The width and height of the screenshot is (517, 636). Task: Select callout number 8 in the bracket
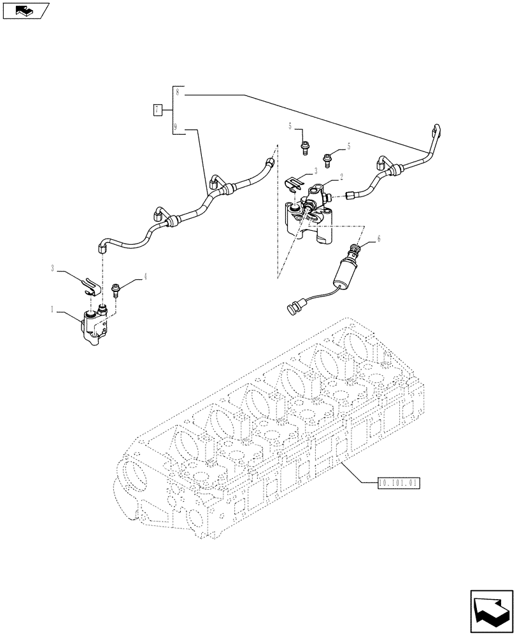point(178,93)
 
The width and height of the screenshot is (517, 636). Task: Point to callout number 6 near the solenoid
point(379,238)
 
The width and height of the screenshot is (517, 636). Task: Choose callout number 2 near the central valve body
point(341,177)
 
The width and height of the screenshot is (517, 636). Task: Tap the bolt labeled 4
point(117,289)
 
